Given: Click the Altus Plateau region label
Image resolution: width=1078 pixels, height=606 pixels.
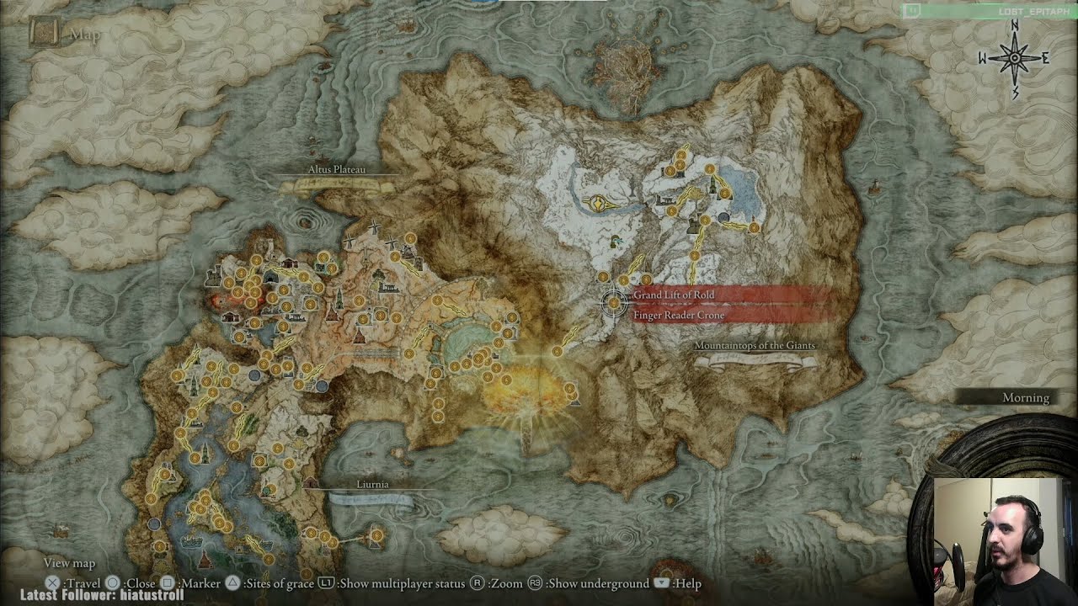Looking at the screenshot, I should [336, 170].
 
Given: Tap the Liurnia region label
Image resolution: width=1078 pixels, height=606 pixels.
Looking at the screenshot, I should [372, 485].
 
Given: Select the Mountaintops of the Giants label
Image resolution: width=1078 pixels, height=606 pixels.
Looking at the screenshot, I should [755, 346].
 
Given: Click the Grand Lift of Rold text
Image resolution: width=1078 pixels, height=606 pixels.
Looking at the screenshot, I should [674, 295].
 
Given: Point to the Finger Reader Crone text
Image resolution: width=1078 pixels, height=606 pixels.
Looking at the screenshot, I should [679, 316].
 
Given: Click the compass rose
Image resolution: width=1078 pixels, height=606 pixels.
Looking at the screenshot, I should [1014, 58].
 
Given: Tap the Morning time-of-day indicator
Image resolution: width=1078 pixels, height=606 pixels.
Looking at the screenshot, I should [1025, 398].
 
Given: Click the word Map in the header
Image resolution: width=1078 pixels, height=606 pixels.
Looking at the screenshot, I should [85, 35].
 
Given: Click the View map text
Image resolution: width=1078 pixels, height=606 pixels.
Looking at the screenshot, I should [69, 563].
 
